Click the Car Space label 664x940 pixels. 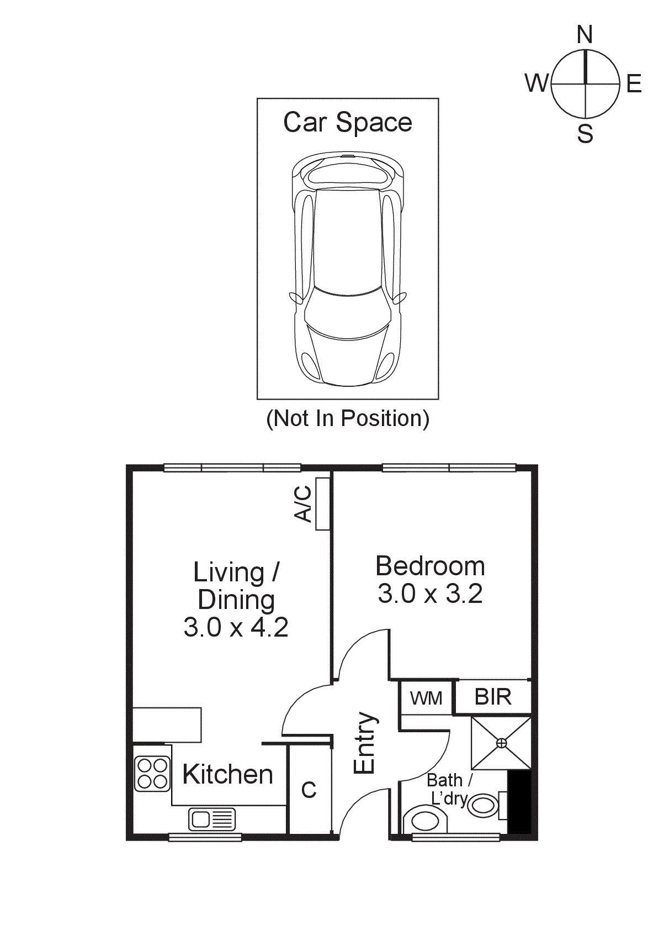[x=347, y=123]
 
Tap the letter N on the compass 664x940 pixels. [x=585, y=35]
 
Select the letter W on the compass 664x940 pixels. [x=536, y=83]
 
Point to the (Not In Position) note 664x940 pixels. [x=347, y=418]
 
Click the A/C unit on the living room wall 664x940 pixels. [x=322, y=503]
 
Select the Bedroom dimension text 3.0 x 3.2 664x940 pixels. [x=430, y=594]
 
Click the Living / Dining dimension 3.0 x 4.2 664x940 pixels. [x=236, y=627]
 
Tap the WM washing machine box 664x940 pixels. [x=426, y=698]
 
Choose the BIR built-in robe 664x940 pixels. [x=493, y=697]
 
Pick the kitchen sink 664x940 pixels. [x=212, y=819]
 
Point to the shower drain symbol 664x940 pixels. [x=501, y=743]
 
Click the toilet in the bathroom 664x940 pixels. [x=424, y=820]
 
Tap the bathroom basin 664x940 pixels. [x=483, y=806]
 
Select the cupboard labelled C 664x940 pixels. [x=309, y=790]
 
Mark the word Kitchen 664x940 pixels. [x=227, y=775]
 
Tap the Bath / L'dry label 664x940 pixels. [x=449, y=789]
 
